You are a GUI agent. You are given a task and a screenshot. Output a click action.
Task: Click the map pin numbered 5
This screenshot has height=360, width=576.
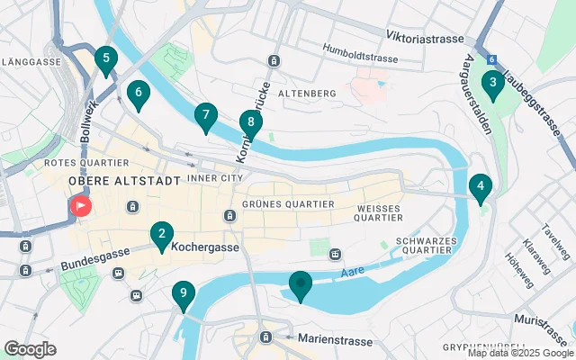[106, 61]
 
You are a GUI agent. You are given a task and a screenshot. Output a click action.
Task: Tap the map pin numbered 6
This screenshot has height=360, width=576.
[138, 93]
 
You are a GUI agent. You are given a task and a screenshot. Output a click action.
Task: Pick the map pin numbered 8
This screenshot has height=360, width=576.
[251, 123]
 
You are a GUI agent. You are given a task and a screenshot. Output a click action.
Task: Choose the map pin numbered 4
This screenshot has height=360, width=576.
[481, 188]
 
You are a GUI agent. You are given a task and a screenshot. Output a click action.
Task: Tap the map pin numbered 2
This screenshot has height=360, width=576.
[161, 236]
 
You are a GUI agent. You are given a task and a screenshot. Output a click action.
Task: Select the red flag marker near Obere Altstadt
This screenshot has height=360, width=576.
[81, 206]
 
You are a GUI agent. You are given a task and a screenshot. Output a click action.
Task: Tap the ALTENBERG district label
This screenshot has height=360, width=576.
[307, 94]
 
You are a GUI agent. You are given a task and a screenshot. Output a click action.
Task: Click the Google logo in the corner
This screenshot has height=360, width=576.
[30, 349]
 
